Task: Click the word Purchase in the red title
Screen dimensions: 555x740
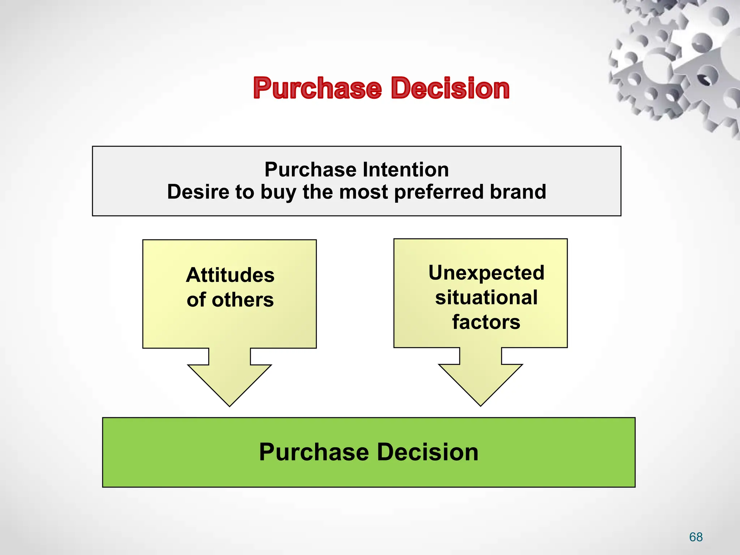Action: (x=317, y=88)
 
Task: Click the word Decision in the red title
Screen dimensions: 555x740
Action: (x=450, y=88)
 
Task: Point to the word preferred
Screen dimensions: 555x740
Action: (x=439, y=192)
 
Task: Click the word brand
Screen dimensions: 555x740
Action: (x=518, y=192)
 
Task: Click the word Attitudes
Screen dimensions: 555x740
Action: (x=230, y=275)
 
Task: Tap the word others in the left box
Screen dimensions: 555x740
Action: (x=242, y=300)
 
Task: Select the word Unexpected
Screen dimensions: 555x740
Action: (x=486, y=273)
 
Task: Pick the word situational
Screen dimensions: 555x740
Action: (x=486, y=298)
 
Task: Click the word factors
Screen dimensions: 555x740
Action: (x=486, y=322)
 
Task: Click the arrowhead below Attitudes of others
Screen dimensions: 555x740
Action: (x=229, y=383)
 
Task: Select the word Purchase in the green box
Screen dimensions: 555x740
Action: (x=314, y=452)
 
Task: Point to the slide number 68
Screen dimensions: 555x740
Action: (x=696, y=537)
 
